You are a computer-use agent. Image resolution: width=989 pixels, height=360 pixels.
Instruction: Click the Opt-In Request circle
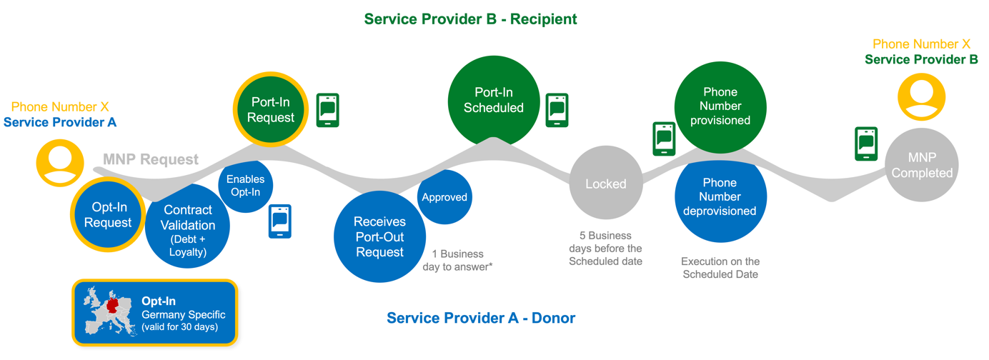tap(108, 214)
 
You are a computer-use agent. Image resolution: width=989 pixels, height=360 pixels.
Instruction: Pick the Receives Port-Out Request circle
tap(379, 236)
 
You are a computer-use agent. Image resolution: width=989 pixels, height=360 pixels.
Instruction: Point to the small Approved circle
tap(444, 197)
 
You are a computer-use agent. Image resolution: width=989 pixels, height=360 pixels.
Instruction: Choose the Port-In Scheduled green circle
tap(493, 100)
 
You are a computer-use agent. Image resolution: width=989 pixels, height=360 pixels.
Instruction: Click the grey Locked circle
tap(605, 184)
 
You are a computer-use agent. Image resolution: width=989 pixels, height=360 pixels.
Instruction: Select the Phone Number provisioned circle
tap(720, 106)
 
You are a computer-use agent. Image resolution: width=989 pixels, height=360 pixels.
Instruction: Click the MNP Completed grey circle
tap(922, 165)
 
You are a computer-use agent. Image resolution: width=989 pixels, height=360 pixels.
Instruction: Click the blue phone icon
tap(279, 221)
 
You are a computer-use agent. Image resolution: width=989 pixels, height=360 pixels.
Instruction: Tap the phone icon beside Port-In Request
tap(327, 110)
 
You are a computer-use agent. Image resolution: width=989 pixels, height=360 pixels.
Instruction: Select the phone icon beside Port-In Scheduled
tap(557, 110)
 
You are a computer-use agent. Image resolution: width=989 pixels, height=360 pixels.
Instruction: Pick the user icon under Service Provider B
tap(921, 96)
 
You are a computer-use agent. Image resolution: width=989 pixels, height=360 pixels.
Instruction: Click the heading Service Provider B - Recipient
tap(470, 19)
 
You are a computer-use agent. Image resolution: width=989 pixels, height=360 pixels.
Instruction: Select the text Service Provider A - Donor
tap(481, 318)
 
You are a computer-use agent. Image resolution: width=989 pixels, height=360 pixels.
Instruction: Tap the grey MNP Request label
tap(151, 159)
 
